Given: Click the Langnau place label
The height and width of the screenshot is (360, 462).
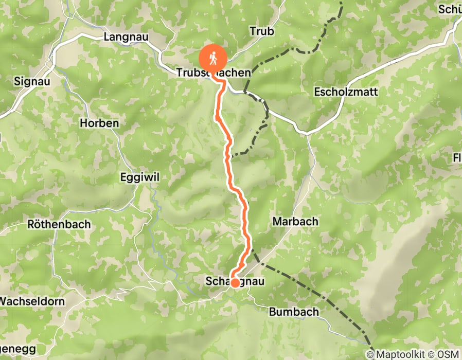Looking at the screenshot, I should click(128, 37).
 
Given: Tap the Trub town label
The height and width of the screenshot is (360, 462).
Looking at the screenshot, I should click(261, 31).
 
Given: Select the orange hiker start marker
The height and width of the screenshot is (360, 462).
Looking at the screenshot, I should click(213, 58).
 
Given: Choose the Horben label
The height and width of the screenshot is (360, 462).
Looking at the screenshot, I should click(99, 123).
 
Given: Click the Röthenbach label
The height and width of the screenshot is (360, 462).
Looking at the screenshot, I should click(59, 224).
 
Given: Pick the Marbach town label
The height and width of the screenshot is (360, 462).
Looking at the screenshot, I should click(294, 221).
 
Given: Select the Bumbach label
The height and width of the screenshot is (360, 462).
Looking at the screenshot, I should click(294, 312).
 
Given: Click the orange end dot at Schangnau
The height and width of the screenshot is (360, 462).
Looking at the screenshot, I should click(235, 282).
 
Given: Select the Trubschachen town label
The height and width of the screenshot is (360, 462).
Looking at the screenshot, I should click(213, 73).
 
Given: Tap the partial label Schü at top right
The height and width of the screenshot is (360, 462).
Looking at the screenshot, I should click(450, 9).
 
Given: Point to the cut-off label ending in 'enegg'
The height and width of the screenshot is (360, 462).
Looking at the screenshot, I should click(18, 349).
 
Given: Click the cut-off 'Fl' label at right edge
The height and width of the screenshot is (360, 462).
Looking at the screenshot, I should click(457, 157).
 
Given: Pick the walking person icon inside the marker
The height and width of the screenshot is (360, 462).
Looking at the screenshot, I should click(213, 57).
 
